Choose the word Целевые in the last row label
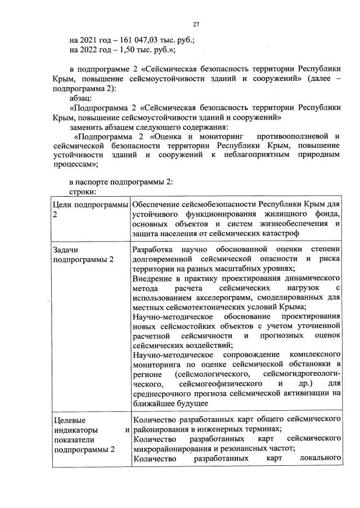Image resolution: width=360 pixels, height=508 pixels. click(69, 420)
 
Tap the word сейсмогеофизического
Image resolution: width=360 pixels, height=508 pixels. click(221, 384)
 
